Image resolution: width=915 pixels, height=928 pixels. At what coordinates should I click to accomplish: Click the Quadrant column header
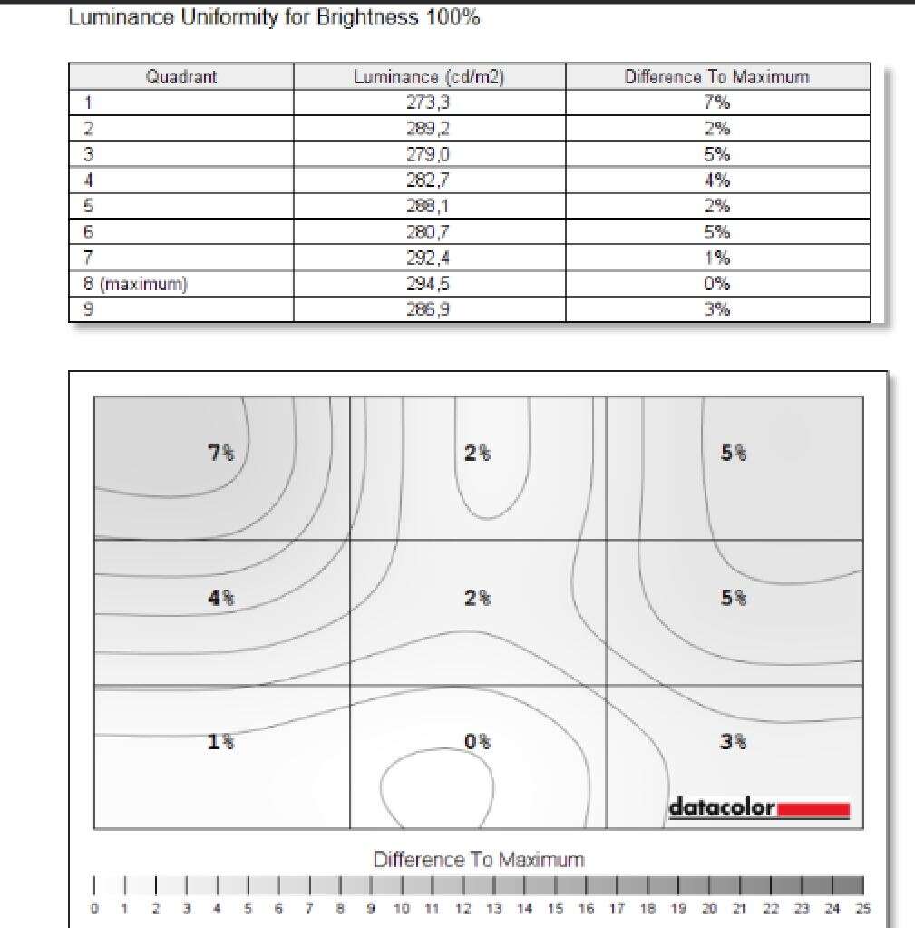click(181, 77)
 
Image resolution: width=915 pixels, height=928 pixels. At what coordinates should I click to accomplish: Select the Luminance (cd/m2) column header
click(428, 77)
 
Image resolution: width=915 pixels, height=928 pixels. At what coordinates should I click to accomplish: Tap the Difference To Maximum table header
click(716, 77)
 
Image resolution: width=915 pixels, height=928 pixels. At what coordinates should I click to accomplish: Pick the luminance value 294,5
click(428, 284)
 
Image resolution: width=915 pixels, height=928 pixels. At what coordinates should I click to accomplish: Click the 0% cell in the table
click(716, 284)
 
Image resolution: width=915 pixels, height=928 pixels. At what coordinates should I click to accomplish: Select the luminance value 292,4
click(428, 259)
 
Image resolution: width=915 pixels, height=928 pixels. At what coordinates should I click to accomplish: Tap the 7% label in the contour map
click(221, 453)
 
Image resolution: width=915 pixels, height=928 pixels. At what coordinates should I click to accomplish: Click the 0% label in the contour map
click(478, 742)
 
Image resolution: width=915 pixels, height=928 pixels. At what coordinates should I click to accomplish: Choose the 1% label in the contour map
click(221, 742)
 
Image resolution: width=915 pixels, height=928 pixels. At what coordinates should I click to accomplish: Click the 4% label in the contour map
click(221, 598)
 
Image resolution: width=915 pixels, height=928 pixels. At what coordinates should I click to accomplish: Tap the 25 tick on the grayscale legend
click(864, 909)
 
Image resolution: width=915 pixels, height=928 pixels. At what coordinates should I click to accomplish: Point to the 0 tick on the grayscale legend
click(94, 909)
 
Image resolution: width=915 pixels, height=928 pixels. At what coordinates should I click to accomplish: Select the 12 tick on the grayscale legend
click(463, 909)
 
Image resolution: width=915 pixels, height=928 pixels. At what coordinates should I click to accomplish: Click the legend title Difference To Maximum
click(479, 859)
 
